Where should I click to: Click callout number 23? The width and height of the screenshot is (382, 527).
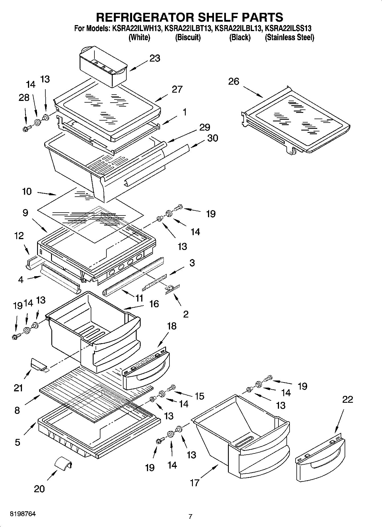click(x=155, y=58)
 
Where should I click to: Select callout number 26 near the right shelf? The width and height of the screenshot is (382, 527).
click(x=234, y=82)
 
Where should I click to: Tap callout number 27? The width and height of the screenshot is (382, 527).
click(x=177, y=89)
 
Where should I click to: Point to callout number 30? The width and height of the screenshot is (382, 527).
click(x=213, y=138)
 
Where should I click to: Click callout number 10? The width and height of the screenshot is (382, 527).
click(x=27, y=191)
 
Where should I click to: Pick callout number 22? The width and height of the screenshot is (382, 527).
click(x=347, y=399)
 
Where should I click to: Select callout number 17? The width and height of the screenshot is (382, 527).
click(x=195, y=483)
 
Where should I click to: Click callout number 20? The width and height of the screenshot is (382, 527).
click(x=39, y=489)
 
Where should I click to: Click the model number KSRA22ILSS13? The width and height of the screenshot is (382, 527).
click(x=288, y=29)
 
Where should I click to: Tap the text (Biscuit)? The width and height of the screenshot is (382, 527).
click(x=188, y=38)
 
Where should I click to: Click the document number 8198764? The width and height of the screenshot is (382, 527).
click(x=23, y=514)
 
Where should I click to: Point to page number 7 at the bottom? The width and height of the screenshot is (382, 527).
click(x=190, y=516)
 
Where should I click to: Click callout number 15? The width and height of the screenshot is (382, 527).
click(x=199, y=396)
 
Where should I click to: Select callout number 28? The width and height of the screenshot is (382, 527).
click(x=24, y=97)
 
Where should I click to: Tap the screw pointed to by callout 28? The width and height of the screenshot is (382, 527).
click(x=26, y=129)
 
